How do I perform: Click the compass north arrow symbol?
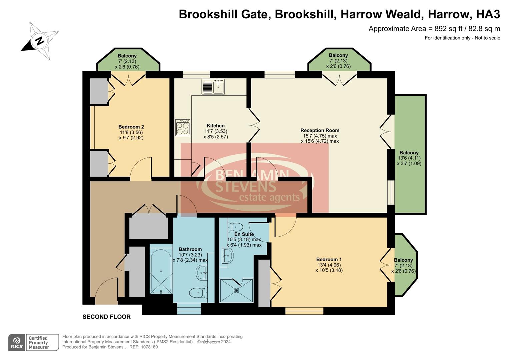(40, 41)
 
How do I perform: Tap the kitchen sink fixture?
(213, 87)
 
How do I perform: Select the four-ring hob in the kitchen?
(183, 127)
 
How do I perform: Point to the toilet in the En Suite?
(235, 227)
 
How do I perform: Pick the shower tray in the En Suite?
(236, 290)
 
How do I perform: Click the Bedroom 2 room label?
(131, 127)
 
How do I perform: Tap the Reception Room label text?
(320, 130)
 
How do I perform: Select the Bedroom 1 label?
(329, 259)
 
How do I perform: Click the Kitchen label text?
(215, 126)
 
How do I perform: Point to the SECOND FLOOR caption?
(106, 317)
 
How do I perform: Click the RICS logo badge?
(17, 342)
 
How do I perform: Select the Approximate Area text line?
(434, 29)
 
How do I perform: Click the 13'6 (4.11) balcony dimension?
(409, 158)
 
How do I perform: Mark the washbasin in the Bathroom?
(202, 273)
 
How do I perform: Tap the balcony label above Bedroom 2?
(127, 56)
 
